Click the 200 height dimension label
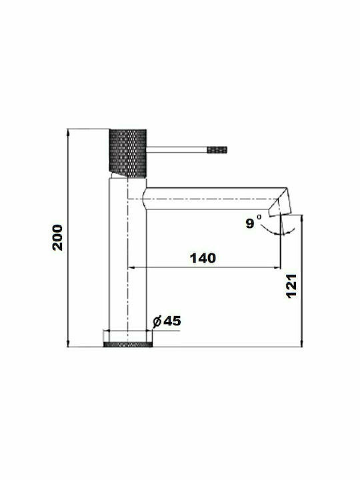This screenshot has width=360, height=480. [x=57, y=237]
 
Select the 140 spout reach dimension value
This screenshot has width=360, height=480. [x=203, y=259]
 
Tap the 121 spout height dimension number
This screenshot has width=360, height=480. [x=291, y=285]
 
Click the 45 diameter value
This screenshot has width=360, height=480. [x=172, y=321]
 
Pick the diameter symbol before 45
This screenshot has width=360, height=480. [x=157, y=321]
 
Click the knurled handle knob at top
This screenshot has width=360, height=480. [x=128, y=153]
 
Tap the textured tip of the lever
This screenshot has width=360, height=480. [x=217, y=150]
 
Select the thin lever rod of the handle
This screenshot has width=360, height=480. [x=177, y=150]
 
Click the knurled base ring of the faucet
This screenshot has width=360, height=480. [x=128, y=345]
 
